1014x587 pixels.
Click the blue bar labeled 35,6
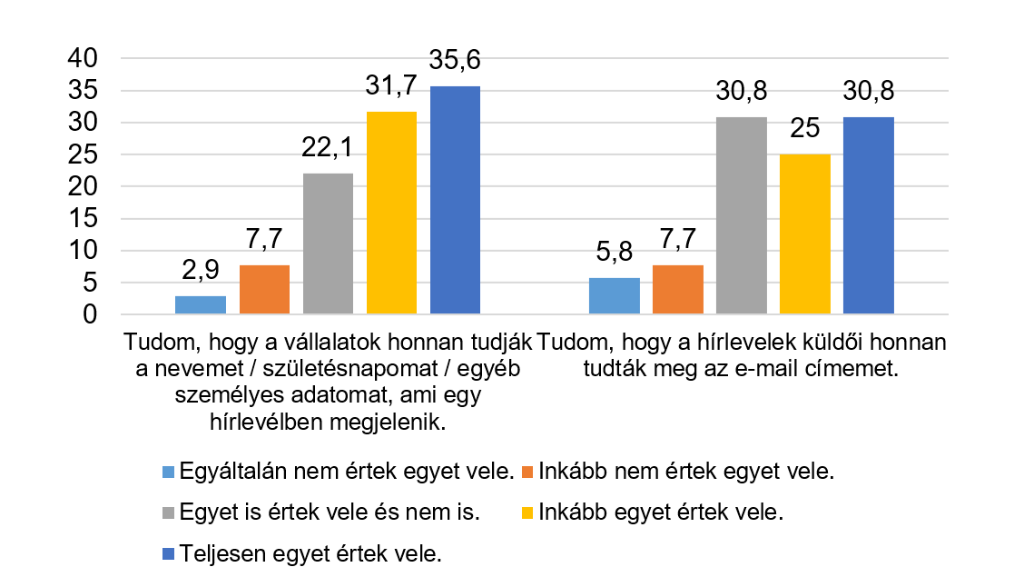coord(455,200)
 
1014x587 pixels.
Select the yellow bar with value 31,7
coord(391,213)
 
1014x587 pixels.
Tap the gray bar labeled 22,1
coord(328,244)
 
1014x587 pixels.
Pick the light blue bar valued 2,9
coord(201,305)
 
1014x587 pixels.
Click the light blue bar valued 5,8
coord(614,296)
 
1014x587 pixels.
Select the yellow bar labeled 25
coord(804,234)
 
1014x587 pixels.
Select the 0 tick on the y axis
coord(89,315)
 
